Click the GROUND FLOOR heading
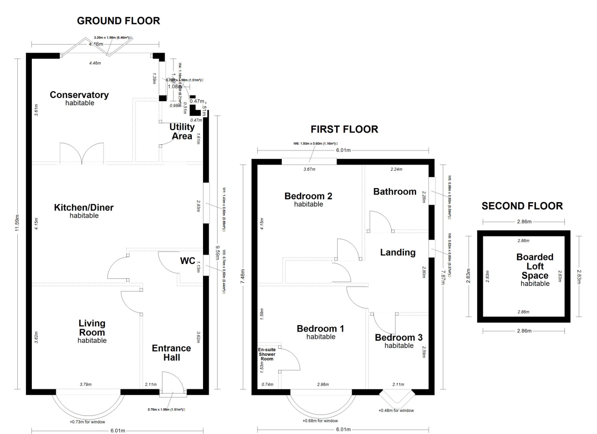pyautogui.click(x=118, y=21)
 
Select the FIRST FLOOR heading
pyautogui.click(x=344, y=129)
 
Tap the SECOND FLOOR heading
pyautogui.click(x=522, y=206)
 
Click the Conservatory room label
pyautogui.click(x=79, y=95)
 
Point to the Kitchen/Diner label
pyautogui.click(x=84, y=208)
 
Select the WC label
pyautogui.click(x=187, y=261)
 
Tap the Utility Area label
pyautogui.click(x=182, y=131)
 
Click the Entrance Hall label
pyautogui.click(x=171, y=353)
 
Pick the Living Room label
pyautogui.click(x=92, y=328)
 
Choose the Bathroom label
pyautogui.click(x=395, y=192)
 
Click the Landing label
pyautogui.click(x=398, y=252)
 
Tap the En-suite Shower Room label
pyautogui.click(x=267, y=354)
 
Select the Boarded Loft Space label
pyautogui.click(x=535, y=266)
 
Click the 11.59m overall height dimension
pyautogui.click(x=17, y=223)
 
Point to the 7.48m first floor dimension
pyautogui.click(x=242, y=277)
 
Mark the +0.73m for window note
pyautogui.click(x=87, y=422)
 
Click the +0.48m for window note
pyautogui.click(x=396, y=410)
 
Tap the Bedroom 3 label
pyautogui.click(x=398, y=338)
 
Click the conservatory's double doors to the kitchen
pyautogui.click(x=82, y=154)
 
